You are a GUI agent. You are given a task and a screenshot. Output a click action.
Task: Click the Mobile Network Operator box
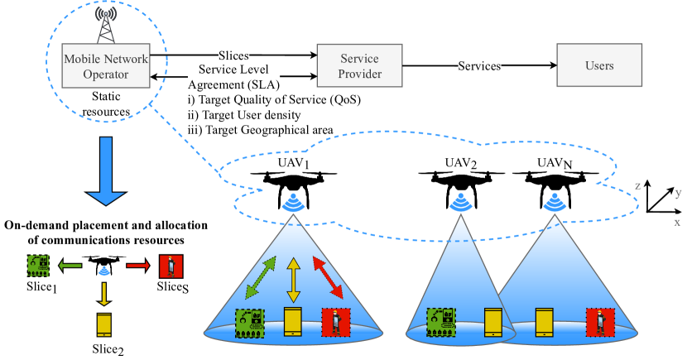[x=106, y=65]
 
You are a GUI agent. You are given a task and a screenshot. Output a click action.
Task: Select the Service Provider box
[x=360, y=65]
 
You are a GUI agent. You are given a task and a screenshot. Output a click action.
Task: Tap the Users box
[x=599, y=65]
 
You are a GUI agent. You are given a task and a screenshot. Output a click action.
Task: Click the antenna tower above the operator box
[x=106, y=26]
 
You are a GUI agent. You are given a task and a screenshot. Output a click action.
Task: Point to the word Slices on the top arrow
[x=233, y=55]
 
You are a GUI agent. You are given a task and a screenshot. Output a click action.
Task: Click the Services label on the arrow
[x=479, y=65]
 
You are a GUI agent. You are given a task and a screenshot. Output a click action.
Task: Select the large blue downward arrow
[x=106, y=171]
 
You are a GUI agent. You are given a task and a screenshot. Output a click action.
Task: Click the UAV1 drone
[x=294, y=189]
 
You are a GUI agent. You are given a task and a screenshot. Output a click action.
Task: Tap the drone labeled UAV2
[x=461, y=190]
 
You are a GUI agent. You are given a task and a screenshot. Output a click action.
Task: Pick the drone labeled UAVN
[x=555, y=190]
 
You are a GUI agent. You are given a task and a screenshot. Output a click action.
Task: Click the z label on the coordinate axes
[x=638, y=185]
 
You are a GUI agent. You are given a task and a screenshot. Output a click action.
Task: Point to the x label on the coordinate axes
[x=677, y=223]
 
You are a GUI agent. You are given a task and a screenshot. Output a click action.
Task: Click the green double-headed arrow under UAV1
[x=261, y=277]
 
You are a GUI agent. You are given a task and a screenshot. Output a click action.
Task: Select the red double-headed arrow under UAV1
[x=328, y=278]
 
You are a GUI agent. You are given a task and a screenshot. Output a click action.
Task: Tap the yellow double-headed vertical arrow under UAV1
[x=293, y=281]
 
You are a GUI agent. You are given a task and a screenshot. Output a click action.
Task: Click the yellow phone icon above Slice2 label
[x=103, y=324]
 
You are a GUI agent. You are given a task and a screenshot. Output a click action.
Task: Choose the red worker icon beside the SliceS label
[x=171, y=266]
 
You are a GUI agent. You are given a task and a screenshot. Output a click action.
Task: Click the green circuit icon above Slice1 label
[x=38, y=266]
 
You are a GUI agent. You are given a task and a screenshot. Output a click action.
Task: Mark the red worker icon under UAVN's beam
[x=601, y=323]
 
